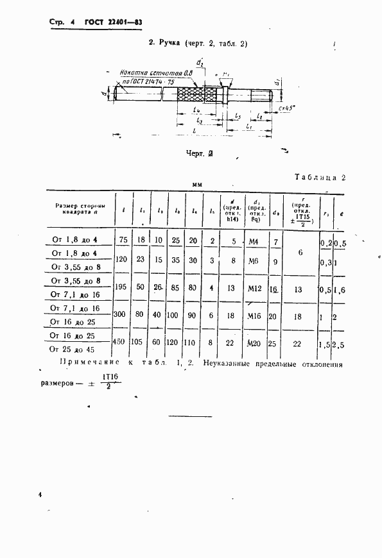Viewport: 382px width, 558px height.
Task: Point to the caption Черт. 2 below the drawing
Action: pyautogui.click(x=199, y=154)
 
